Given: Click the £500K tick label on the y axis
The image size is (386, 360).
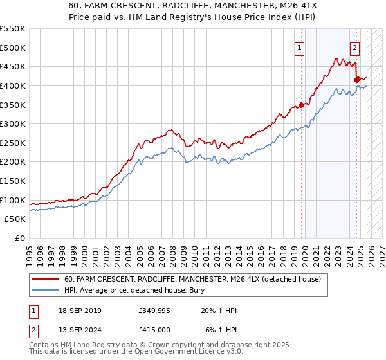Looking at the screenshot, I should click(x=13, y=48).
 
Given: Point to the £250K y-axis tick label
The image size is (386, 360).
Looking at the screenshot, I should click(x=13, y=143).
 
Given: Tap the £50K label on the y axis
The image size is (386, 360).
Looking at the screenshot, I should click(x=15, y=219).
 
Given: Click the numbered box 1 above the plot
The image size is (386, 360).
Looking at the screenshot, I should click(x=300, y=47).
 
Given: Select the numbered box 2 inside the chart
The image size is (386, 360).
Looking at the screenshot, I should click(x=354, y=47).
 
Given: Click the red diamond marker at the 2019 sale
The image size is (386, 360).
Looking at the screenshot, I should click(x=300, y=105).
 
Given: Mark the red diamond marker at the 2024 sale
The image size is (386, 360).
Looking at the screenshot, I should click(x=357, y=80).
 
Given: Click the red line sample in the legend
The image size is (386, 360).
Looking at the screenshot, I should click(x=45, y=280).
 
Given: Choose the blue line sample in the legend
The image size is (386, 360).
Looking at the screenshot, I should click(x=45, y=290).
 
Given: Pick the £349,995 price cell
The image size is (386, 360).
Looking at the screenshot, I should click(x=154, y=310).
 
